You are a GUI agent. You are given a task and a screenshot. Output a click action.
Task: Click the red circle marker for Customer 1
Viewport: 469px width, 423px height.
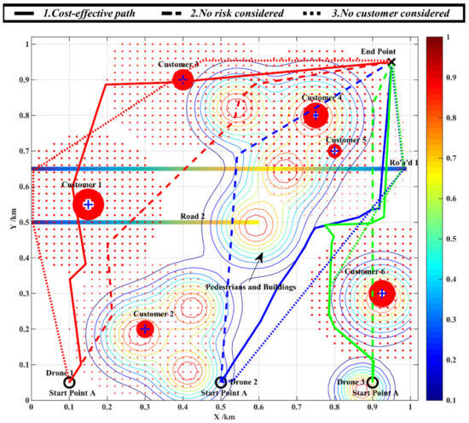pos(88,204)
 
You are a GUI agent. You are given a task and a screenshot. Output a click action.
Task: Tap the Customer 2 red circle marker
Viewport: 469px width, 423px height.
pos(145,329)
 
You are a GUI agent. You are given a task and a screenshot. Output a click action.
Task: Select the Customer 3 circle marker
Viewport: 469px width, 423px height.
pos(182,80)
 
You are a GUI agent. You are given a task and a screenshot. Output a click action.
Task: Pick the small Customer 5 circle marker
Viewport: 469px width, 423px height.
pos(334,151)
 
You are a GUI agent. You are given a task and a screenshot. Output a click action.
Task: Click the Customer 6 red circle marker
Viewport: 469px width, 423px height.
pos(382,293)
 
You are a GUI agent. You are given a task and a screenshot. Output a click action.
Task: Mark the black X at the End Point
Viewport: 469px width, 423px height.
pos(391,62)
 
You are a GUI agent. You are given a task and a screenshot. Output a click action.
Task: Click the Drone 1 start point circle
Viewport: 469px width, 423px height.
pos(69,382)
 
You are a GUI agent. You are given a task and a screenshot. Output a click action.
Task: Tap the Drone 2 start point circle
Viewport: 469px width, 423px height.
pos(221,382)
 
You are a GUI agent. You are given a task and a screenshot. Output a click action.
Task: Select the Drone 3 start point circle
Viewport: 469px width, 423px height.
pos(373,382)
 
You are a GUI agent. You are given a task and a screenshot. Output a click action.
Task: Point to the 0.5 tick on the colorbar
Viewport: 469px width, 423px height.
pos(456,219)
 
